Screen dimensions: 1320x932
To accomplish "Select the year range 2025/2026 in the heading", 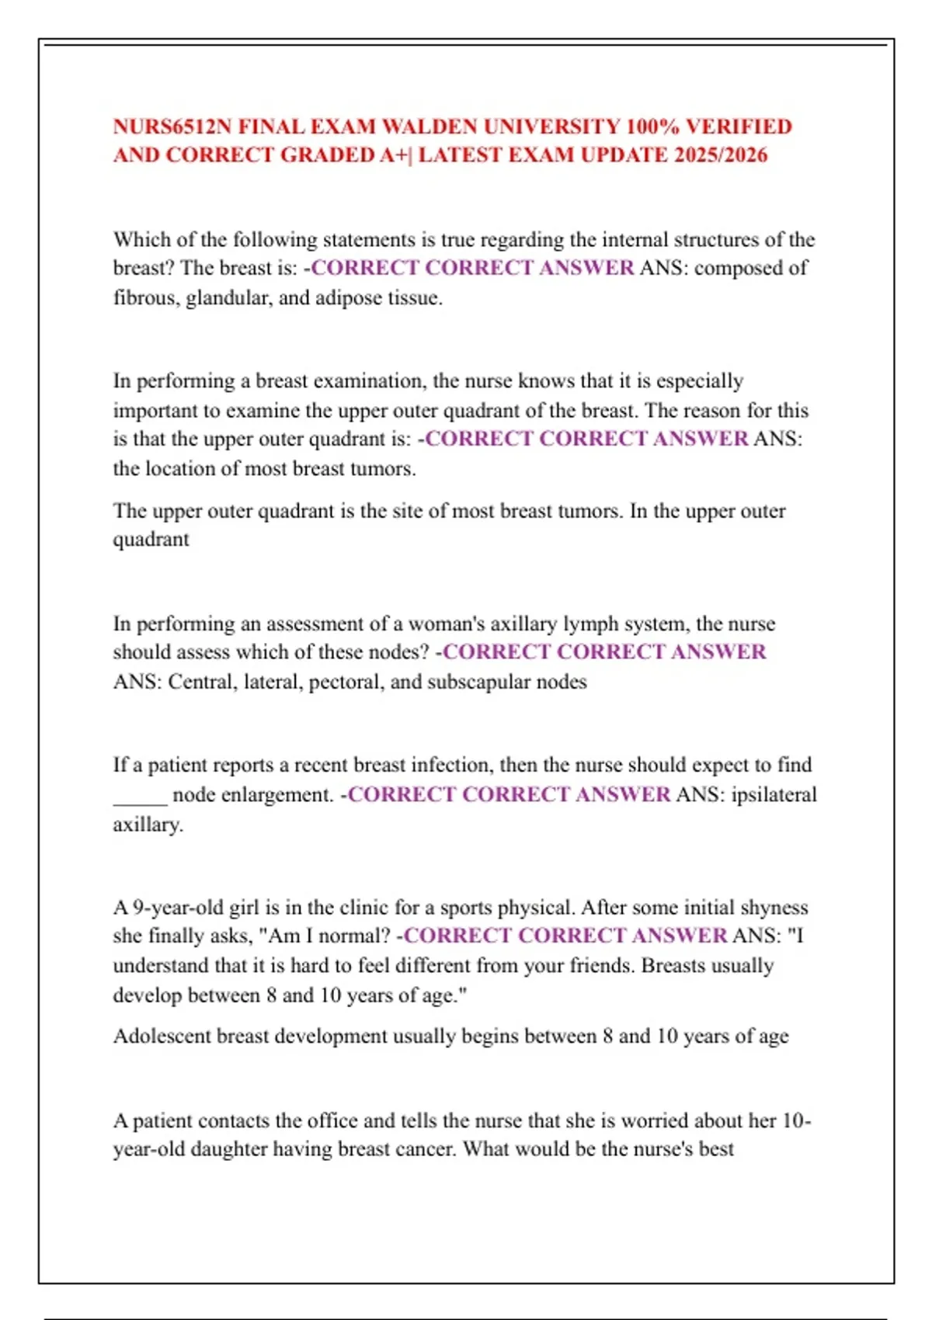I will [x=721, y=155].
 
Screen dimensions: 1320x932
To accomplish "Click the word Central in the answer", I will [x=201, y=683].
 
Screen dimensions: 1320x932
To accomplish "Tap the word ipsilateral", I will [x=774, y=795].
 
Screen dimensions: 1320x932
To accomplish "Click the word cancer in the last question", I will [x=421, y=1149].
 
